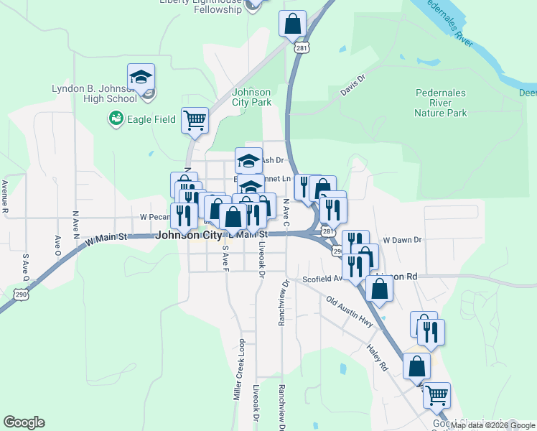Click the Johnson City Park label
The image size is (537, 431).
point(251,97)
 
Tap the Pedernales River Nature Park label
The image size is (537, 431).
point(441,103)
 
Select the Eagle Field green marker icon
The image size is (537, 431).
point(114,117)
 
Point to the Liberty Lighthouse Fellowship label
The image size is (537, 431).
point(200,5)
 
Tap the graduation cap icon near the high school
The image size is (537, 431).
point(141,78)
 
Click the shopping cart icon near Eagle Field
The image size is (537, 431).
point(195,121)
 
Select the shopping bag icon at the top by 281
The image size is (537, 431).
point(293,24)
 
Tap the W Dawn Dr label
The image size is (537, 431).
point(402,240)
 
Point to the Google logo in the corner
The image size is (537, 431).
point(24,422)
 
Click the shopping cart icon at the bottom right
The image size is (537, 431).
point(436,395)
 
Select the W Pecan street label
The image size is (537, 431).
point(153,216)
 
